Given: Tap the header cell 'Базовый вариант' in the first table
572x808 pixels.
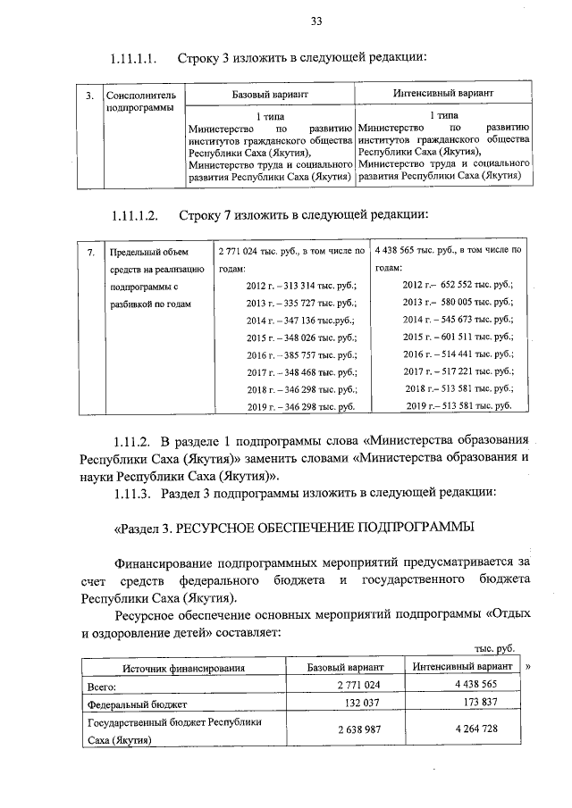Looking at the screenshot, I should tap(271, 94).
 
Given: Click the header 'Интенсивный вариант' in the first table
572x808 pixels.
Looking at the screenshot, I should tap(444, 94).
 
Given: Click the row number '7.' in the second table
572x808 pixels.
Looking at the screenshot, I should tap(90, 253).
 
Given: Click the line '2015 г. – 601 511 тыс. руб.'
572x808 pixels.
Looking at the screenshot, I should tap(458, 337).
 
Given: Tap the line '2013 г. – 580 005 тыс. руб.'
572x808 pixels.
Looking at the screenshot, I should tap(458, 303).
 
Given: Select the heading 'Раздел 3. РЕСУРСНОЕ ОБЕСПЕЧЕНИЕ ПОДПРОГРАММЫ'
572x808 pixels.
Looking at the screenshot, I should tap(293, 527).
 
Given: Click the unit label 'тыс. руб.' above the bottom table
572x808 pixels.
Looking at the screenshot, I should tap(493, 651).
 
